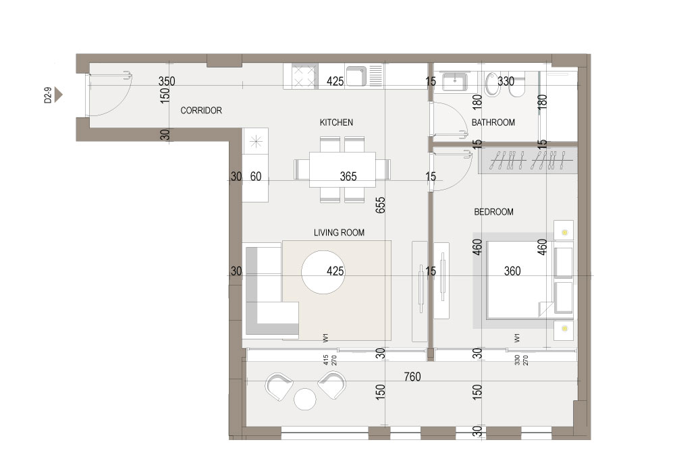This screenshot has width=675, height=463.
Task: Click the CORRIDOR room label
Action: click(x=201, y=111)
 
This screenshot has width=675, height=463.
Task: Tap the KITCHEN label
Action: click(x=336, y=123)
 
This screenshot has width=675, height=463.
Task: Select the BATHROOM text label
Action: click(x=493, y=123)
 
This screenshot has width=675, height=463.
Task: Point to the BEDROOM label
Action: click(x=494, y=212)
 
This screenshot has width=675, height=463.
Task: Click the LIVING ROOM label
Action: click(x=340, y=233)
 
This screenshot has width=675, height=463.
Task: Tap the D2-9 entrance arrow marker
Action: click(x=59, y=95)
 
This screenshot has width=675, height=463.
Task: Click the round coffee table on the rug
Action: click(x=323, y=272)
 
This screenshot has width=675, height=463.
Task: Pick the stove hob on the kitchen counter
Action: click(x=304, y=76)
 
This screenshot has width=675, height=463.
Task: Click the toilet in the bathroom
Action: click(x=491, y=84)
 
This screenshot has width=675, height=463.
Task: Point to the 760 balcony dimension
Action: click(x=412, y=377)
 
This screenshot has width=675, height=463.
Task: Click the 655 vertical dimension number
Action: click(x=380, y=205)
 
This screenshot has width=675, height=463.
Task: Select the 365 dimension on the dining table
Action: click(x=348, y=176)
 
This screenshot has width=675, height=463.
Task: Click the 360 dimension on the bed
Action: click(x=512, y=271)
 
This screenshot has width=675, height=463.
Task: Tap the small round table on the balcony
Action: click(x=305, y=399)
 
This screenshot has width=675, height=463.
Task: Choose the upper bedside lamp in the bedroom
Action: click(x=564, y=232)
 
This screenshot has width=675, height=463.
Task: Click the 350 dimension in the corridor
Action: click(x=167, y=81)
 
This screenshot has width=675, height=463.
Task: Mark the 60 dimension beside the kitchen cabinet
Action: click(x=256, y=176)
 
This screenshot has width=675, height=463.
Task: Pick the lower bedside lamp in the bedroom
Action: click(x=564, y=328)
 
